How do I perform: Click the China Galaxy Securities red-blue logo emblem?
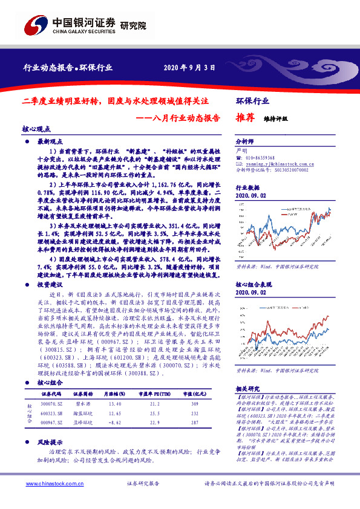click(x=34, y=25)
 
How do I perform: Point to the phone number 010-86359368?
click(x=261, y=157)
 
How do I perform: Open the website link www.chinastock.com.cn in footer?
click(x=44, y=501)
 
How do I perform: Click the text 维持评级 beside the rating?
click(x=276, y=120)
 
